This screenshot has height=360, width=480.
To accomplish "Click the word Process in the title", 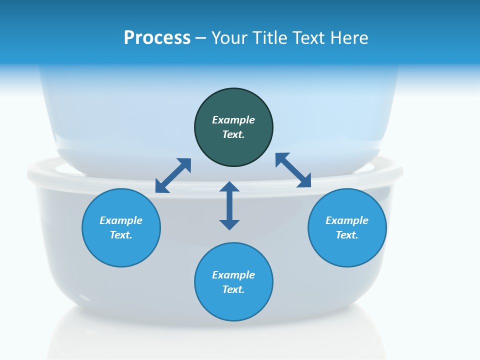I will (x=157, y=38).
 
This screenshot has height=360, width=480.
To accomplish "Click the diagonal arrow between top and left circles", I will (x=173, y=175).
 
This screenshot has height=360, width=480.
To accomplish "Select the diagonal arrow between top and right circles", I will (x=293, y=170).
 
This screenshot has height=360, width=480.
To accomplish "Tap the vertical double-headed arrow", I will (x=229, y=205).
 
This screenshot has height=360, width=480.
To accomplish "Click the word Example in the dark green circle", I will (x=233, y=120).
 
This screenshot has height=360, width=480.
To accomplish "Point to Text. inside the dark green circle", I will (x=233, y=134).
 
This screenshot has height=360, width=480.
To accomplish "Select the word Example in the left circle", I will (x=121, y=220).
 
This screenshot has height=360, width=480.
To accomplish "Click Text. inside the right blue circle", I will (x=347, y=235).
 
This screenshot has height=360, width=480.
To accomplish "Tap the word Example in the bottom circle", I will (x=233, y=275).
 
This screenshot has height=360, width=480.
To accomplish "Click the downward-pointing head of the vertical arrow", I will (x=229, y=224).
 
